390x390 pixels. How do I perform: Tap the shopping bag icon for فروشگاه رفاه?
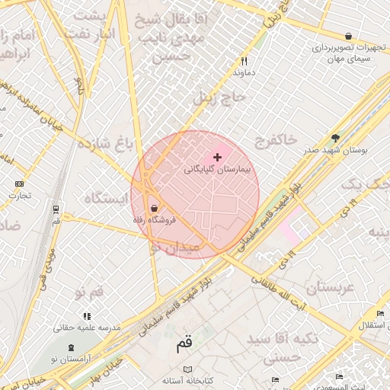click(155, 207)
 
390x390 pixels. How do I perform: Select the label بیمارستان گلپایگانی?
click(218, 170)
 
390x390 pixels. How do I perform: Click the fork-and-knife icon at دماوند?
click(244, 61)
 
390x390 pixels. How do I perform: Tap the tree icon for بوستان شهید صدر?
click(335, 138)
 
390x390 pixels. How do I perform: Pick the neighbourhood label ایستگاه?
click(104, 199)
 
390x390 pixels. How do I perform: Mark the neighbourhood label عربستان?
click(330, 288)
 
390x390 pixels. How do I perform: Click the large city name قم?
click(184, 344)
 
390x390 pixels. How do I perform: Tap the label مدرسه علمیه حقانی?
click(87, 328)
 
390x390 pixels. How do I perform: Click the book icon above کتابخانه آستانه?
click(187, 367)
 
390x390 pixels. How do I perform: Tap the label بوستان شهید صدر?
click(336, 150)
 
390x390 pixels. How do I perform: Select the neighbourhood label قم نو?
click(89, 293)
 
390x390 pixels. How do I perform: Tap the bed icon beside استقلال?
click(379, 314)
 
